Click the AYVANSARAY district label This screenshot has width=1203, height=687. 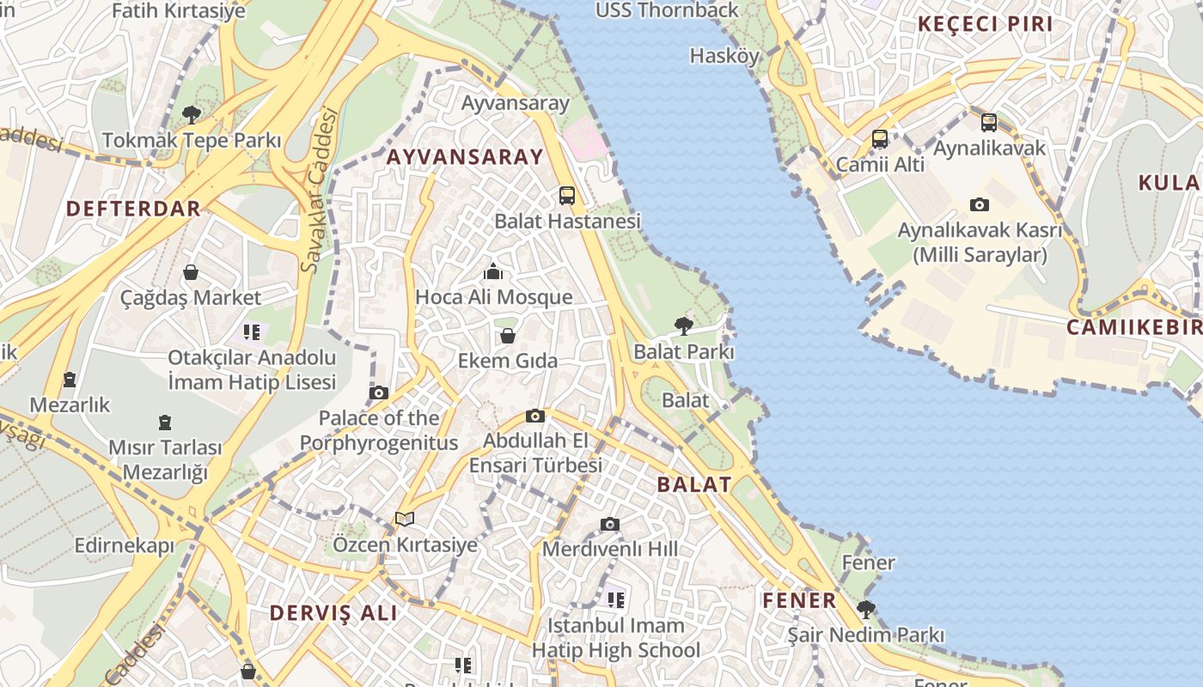[465, 156]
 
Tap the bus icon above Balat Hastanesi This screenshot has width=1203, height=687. [566, 195]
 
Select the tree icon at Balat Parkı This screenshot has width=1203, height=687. [684, 325]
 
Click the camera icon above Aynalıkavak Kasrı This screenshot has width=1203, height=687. [979, 204]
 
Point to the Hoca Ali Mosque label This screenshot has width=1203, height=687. [493, 297]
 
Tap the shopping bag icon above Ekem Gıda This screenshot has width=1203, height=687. [508, 336]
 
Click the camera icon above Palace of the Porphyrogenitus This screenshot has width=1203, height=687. [378, 393]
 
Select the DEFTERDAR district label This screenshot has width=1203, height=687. [133, 208]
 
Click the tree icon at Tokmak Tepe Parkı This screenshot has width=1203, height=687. [192, 114]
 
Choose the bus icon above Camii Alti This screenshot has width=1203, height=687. [879, 138]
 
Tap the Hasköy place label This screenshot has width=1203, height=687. [724, 57]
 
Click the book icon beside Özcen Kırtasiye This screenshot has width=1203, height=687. [404, 519]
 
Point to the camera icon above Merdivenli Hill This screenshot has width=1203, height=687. [609, 524]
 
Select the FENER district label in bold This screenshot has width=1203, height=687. [799, 600]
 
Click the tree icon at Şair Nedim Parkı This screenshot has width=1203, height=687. [866, 610]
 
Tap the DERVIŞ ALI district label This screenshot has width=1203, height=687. [333, 613]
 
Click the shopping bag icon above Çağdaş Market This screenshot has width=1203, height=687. [191, 272]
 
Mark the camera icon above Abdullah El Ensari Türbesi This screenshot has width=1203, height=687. [535, 416]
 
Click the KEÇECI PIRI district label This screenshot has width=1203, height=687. [985, 24]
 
